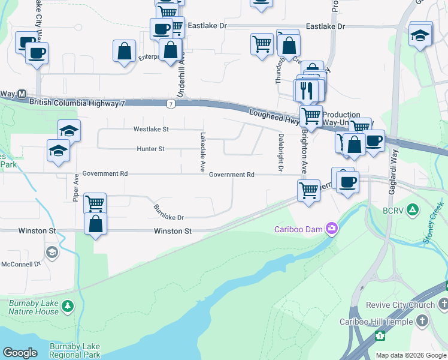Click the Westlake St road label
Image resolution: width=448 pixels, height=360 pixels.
(x=151, y=129)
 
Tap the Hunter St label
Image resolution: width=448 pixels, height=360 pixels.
(x=150, y=149)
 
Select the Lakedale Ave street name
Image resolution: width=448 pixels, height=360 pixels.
(x=203, y=151)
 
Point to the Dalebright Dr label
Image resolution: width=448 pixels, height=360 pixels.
(x=280, y=152)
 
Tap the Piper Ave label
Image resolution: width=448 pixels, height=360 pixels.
(x=76, y=188)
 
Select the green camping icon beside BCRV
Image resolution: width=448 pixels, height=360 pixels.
(x=412, y=210)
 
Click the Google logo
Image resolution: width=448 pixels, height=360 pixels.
(x=20, y=353)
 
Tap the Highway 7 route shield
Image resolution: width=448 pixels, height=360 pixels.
(x=171, y=104)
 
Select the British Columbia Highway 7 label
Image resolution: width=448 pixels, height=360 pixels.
(x=77, y=103)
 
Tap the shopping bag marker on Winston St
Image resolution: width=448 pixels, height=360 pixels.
(x=95, y=225)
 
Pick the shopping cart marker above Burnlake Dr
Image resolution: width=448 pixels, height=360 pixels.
(x=95, y=203)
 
